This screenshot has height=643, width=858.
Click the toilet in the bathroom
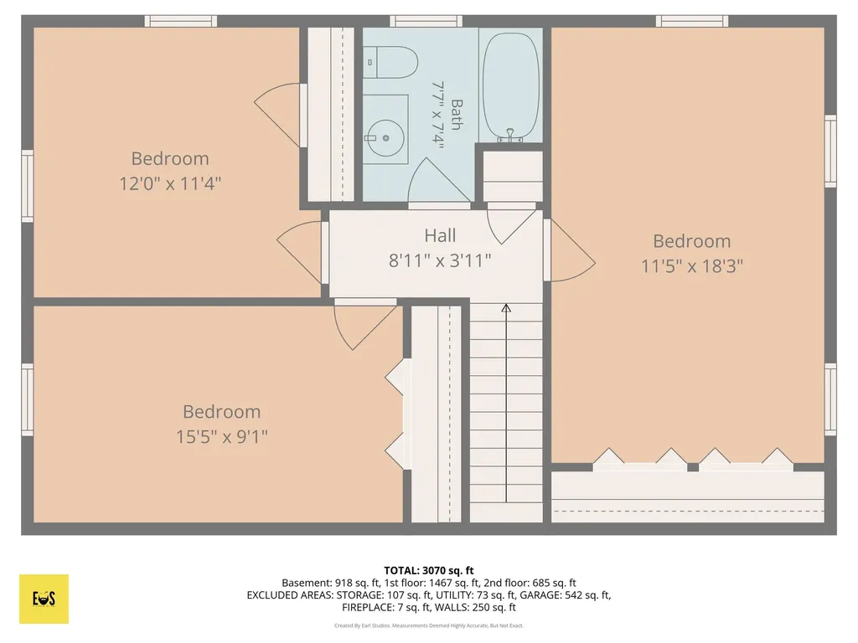pos(391,62)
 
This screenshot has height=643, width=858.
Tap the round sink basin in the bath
pos(385,138)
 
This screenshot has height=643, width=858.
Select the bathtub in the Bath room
pos(511,87)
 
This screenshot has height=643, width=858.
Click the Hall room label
pos(440,235)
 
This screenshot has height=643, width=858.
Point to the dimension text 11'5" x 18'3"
pos(691,266)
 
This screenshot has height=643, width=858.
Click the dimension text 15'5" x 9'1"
pos(221,437)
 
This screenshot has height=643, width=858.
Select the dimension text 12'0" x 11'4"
pos(170,183)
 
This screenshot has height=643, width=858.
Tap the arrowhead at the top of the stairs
pos(506,308)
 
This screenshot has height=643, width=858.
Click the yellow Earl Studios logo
pos(44,599)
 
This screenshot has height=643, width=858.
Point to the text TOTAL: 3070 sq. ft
pos(428,571)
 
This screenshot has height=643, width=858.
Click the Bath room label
pos(457,114)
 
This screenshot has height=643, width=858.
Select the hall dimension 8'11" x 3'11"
pos(440,261)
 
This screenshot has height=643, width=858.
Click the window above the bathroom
pos(426,21)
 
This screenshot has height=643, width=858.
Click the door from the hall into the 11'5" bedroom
pos(569,250)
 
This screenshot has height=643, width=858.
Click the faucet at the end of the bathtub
pos(510,135)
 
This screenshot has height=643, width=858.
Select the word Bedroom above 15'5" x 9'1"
pos(221,412)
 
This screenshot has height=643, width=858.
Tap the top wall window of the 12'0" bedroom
pos(181,21)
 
